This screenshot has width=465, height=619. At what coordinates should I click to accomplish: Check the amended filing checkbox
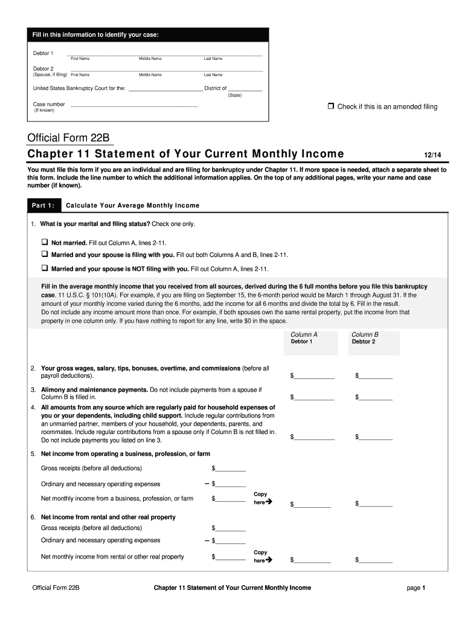(x=330, y=106)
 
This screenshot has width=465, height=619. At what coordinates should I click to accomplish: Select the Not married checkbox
(x=45, y=242)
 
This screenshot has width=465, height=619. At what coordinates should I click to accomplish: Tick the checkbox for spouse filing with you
(x=45, y=254)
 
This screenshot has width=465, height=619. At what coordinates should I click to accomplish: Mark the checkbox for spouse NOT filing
(x=45, y=268)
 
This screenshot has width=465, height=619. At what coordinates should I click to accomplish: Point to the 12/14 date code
(x=433, y=155)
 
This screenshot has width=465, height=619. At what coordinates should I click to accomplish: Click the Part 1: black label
(x=43, y=206)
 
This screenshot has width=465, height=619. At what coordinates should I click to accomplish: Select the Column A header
(x=304, y=334)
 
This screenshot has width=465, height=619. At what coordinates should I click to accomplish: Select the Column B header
(x=365, y=334)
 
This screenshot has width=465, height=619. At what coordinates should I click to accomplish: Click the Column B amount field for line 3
(x=376, y=397)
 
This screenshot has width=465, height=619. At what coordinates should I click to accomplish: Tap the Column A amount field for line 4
(x=314, y=436)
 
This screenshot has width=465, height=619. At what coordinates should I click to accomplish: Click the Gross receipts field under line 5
(x=231, y=468)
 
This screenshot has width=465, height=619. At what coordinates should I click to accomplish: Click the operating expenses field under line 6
(x=231, y=540)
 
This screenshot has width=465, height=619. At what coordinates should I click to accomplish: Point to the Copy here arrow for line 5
(x=269, y=502)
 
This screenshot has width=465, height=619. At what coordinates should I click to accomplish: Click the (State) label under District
(x=235, y=96)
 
